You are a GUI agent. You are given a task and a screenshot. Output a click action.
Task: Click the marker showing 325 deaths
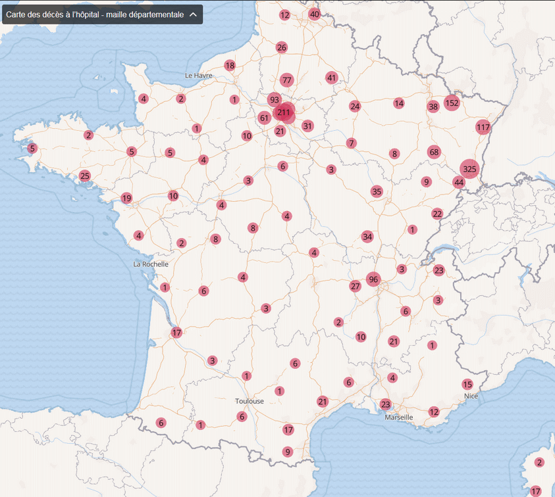coord(469,169)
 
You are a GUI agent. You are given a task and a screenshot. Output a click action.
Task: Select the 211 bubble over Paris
coord(284,112)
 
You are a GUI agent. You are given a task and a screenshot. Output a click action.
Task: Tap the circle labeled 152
coord(452,103)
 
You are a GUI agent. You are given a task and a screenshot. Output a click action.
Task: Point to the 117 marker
coord(483,127)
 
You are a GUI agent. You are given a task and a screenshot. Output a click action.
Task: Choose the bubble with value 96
coord(374,279)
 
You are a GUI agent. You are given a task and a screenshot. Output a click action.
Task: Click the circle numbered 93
coord(275,100)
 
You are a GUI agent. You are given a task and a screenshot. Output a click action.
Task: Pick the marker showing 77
coord(286,80)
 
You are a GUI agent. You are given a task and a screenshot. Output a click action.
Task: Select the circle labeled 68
coord(433,152)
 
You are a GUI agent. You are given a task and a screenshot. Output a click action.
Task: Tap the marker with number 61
coord(264,118)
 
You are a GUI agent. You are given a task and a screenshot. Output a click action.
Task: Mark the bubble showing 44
coord(459,182)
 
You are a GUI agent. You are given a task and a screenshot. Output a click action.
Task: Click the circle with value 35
coord(377,191)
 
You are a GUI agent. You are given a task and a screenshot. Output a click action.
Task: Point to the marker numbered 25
coord(84,176)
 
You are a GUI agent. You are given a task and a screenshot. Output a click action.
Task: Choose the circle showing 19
coord(126,198)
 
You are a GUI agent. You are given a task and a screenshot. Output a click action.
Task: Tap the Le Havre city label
coord(198,76)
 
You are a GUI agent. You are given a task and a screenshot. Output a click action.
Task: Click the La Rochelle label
coord(151,264)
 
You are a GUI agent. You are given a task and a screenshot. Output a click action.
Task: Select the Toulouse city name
coord(250,401)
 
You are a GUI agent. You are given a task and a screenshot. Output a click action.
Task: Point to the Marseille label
coord(399,417)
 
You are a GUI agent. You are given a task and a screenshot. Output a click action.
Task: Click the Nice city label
coord(470,396)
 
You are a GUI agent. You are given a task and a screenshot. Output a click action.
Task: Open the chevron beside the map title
coord(193,14)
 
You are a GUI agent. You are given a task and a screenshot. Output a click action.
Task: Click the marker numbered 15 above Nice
coord(467,385)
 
